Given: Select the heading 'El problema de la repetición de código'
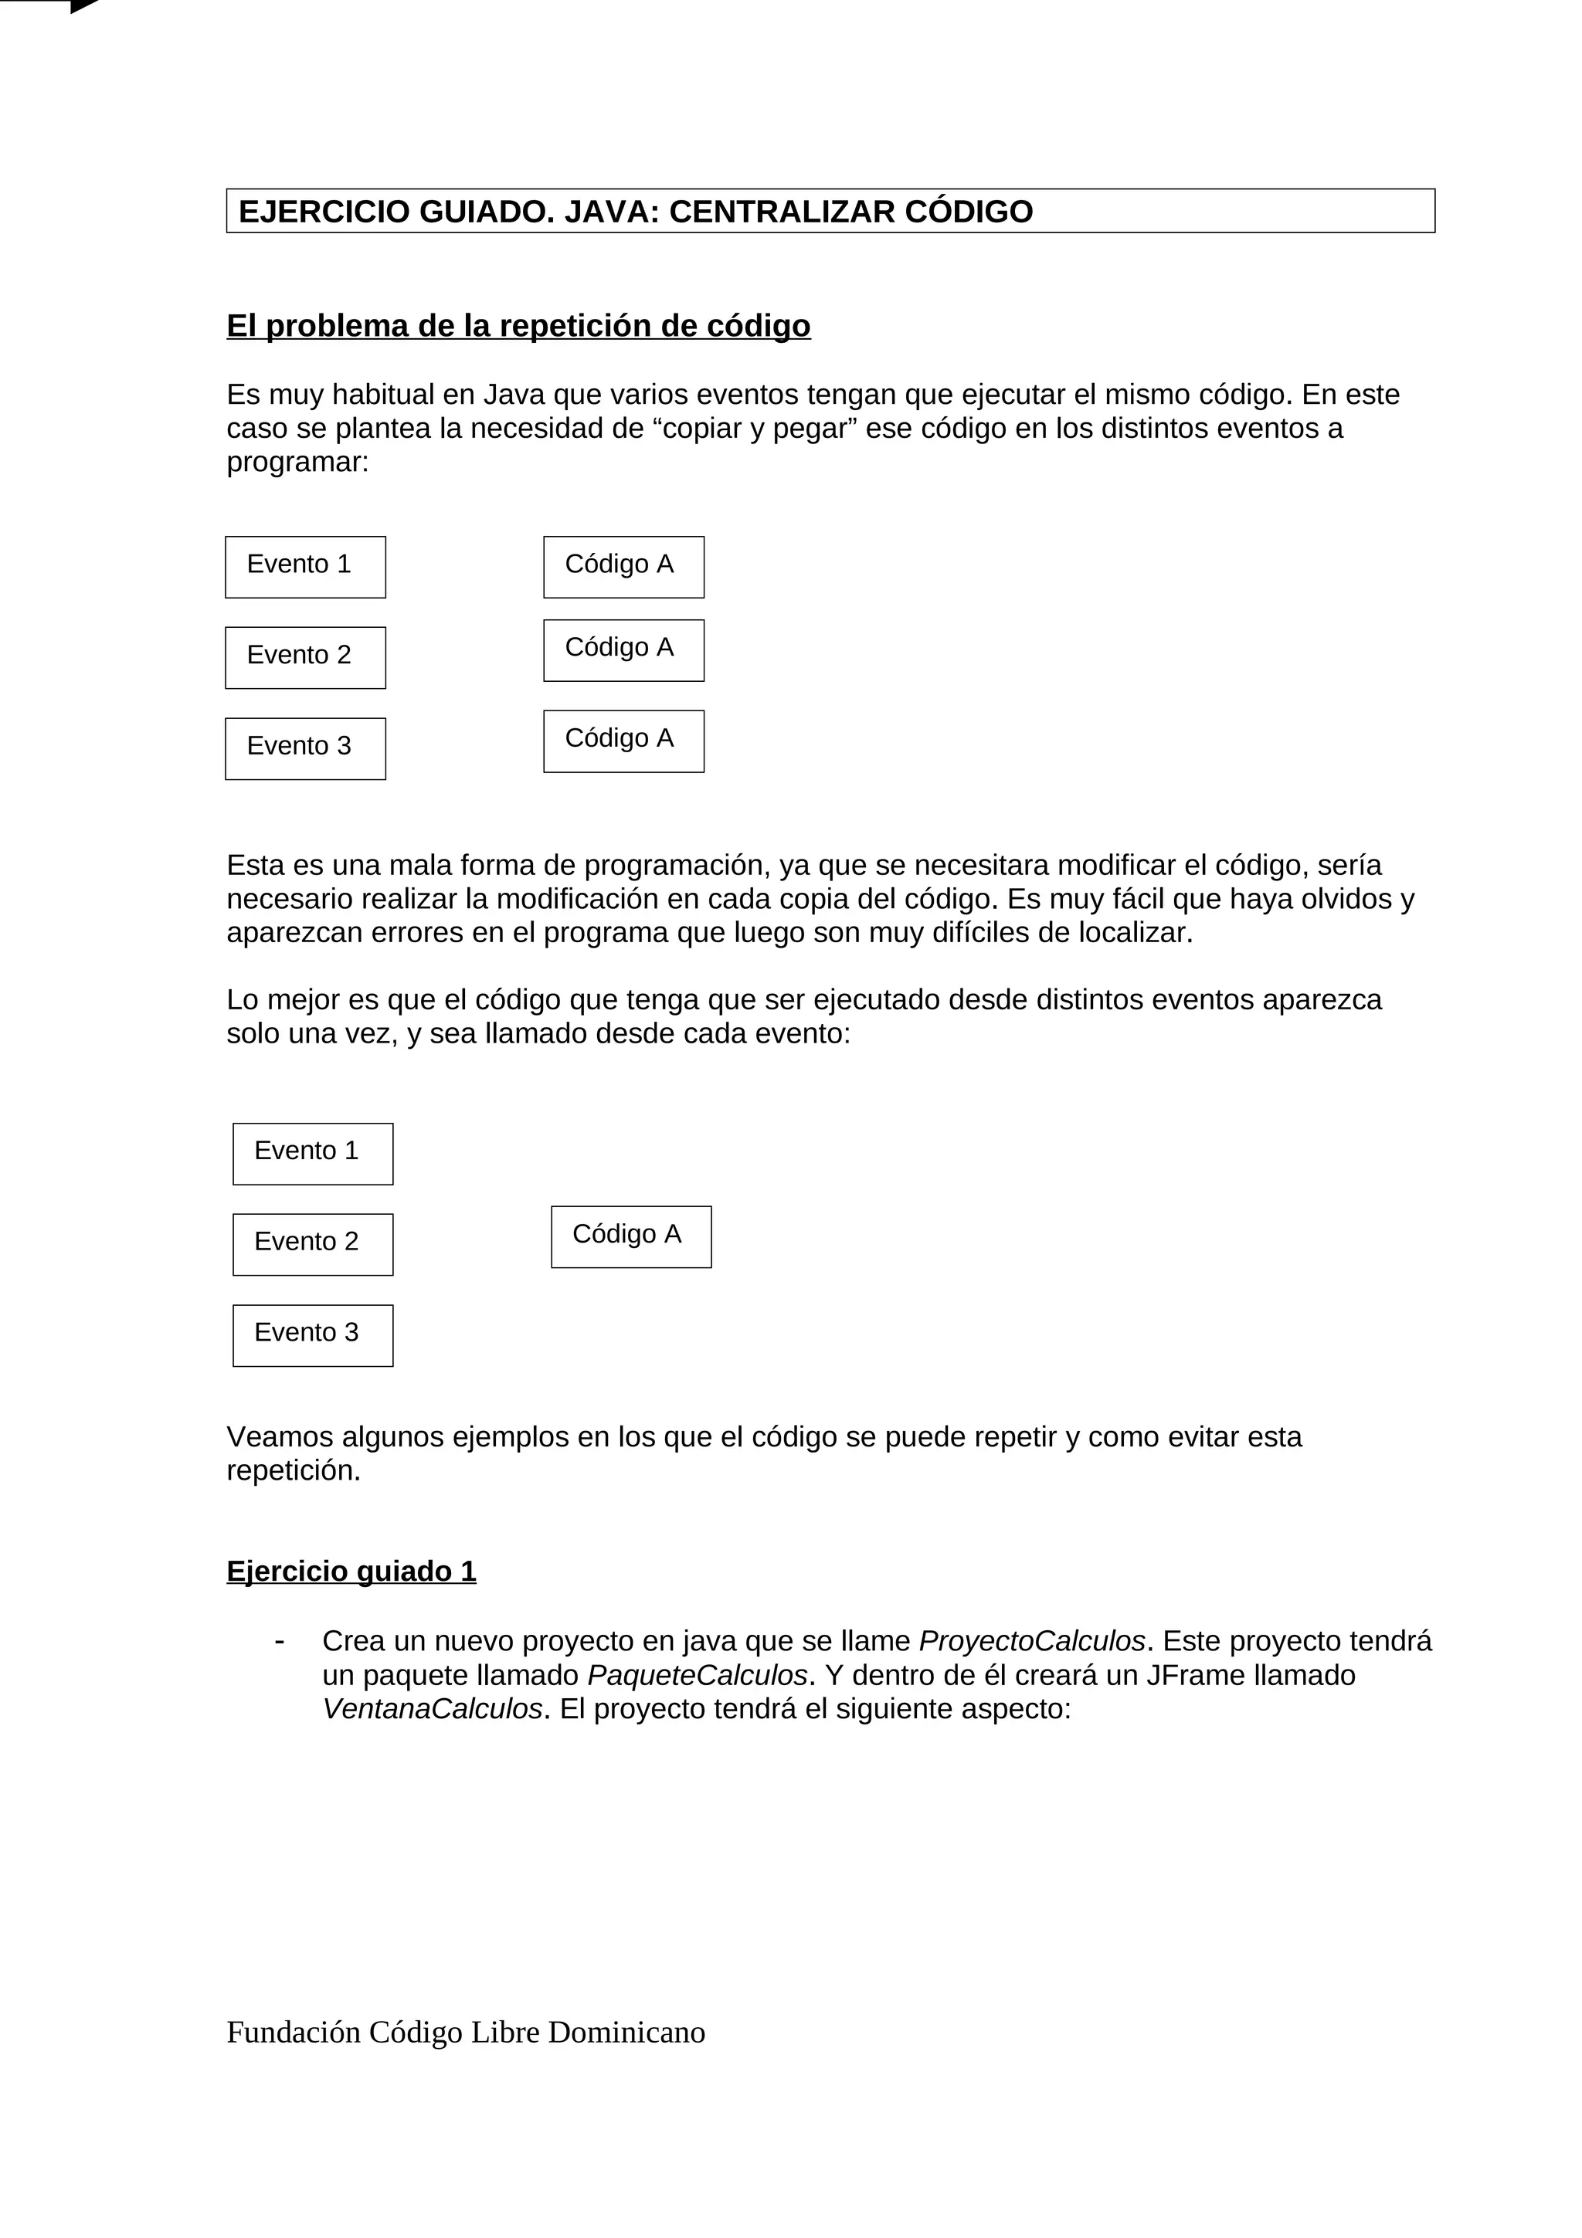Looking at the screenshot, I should (518, 326).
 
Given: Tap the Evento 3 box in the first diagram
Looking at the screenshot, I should (305, 748).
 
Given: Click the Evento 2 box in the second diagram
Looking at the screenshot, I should (312, 1244).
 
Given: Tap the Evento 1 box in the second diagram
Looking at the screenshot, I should (312, 1153).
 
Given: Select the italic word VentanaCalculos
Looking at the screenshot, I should (432, 1709).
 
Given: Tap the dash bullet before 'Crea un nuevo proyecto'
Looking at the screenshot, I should (280, 1640).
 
